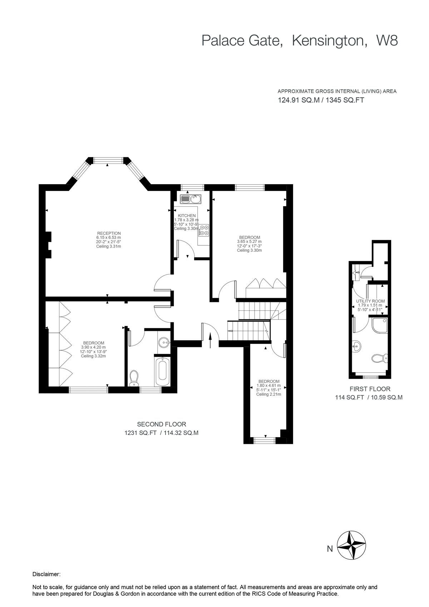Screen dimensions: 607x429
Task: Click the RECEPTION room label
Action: [109, 233]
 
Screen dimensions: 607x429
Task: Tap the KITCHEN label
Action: [187, 215]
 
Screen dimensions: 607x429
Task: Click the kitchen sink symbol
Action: [191, 199]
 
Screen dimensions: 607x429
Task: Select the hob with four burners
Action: [204, 230]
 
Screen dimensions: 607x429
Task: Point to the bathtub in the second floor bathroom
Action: [163, 371]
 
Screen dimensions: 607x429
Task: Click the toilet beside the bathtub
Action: [134, 378]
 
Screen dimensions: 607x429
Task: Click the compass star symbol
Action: [352, 545]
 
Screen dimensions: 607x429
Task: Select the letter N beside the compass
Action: [330, 549]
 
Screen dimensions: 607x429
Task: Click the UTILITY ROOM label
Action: [370, 301]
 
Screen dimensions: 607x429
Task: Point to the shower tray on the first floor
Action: [380, 325]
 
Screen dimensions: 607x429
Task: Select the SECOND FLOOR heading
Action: [162, 424]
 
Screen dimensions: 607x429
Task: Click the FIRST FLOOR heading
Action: [370, 389]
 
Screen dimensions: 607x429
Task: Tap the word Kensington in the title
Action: [329, 40]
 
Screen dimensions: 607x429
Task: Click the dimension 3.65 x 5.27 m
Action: [250, 241]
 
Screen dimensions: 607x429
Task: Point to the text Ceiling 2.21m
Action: [268, 394]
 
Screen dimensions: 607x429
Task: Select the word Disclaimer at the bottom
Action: [46, 574]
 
